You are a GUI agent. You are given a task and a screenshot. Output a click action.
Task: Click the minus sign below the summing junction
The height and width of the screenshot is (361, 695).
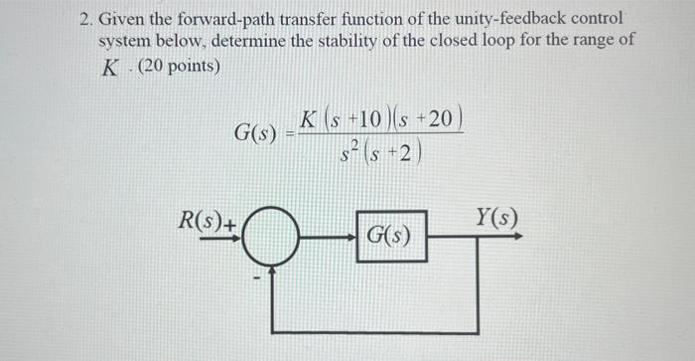coord(259,276)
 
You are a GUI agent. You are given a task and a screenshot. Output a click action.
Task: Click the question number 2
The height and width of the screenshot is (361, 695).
coord(84,19)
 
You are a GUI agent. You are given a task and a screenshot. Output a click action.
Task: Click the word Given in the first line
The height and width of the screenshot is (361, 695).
coord(123,19)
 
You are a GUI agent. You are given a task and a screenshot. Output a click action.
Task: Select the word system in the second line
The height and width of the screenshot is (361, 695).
coord(126,43)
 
